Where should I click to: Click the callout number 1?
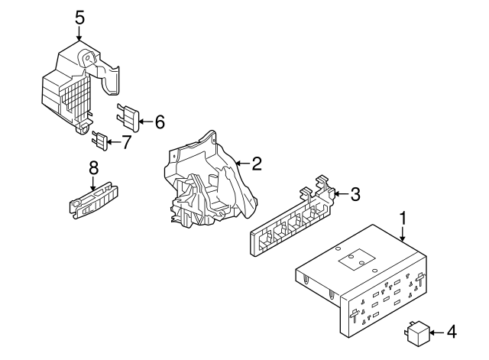(x=402, y=219)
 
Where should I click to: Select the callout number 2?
(x=257, y=163)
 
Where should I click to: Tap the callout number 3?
(x=354, y=194)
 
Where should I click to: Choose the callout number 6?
(x=159, y=121)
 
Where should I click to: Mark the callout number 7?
(x=127, y=141)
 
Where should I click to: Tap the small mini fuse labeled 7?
(x=99, y=141)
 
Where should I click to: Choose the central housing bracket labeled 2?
(x=205, y=183)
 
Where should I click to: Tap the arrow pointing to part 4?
(x=435, y=332)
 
